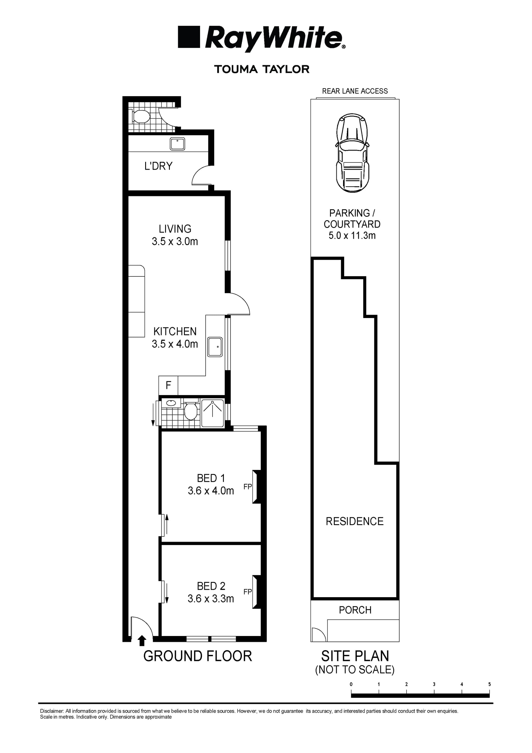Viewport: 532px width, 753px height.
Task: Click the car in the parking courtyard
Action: (x=352, y=153)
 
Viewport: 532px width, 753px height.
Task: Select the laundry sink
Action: (x=177, y=144)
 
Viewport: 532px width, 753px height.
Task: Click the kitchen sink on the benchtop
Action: (x=215, y=347)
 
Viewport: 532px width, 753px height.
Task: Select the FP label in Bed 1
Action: (x=247, y=487)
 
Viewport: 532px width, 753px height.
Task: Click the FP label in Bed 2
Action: (x=247, y=592)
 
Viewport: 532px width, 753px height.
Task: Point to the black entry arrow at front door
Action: (x=142, y=640)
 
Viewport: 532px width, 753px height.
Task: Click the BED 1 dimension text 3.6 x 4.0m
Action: (x=211, y=491)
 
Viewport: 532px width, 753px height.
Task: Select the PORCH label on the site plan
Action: (x=355, y=610)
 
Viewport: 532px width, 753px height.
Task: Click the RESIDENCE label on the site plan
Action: (x=355, y=521)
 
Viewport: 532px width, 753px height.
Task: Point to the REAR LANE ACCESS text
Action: (x=355, y=91)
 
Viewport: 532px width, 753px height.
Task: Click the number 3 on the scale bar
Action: (x=434, y=684)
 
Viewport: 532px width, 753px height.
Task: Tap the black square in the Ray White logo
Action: (x=189, y=37)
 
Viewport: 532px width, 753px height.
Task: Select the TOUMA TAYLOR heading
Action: (x=262, y=69)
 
